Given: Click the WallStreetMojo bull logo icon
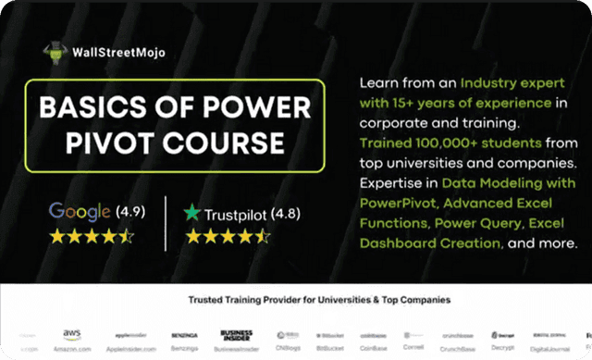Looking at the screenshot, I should pyautogui.click(x=57, y=53).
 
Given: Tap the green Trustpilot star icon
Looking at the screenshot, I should pyautogui.click(x=192, y=212).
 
